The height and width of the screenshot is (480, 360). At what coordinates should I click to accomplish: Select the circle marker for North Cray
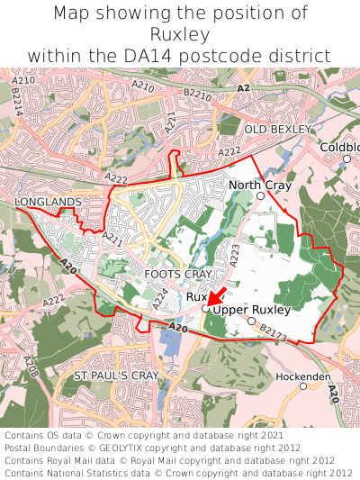(260, 195)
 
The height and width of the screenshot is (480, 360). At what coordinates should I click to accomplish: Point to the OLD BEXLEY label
(283, 130)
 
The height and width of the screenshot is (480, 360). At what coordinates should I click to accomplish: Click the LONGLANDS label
(48, 201)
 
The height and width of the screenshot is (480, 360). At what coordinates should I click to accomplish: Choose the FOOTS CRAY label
(178, 273)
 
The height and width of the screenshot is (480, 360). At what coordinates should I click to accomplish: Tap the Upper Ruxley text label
(252, 310)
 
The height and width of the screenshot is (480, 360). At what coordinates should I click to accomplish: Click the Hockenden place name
(303, 376)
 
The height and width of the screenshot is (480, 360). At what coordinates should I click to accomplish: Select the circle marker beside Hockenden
(303, 386)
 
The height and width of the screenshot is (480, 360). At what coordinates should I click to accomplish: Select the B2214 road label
(17, 105)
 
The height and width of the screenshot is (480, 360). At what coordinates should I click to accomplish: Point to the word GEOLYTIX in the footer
(130, 448)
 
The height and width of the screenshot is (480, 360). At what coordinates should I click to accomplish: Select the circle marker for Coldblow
(346, 158)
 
